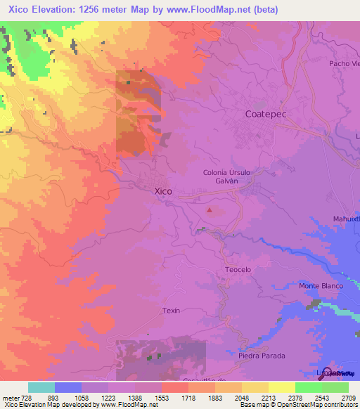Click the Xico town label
coord(162,190)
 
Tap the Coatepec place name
coord(266,114)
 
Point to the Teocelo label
coord(238,269)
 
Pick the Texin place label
coord(172,310)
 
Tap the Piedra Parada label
coord(262,356)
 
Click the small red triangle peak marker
coord(209,209)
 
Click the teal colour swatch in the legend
coord(41,387)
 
